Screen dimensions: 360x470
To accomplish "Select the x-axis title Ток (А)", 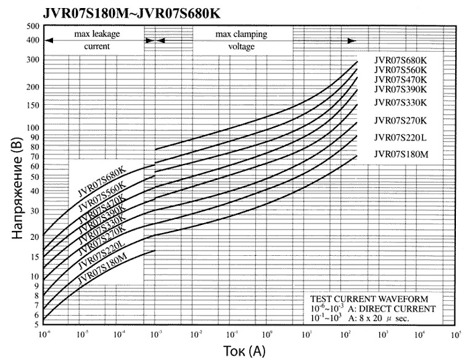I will pos(245,351).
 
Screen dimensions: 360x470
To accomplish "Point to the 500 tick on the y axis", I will pos(34,26).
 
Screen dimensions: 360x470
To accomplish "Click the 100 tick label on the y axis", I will pos(32,128).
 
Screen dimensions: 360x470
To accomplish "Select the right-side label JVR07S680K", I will pos(400,60).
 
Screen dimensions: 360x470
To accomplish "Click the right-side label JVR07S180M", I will pos(400,155).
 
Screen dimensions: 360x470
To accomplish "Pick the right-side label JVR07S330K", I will pos(400,103).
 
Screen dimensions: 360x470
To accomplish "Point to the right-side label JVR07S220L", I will pos(400,138).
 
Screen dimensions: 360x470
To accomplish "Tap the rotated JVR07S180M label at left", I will pos(102,267).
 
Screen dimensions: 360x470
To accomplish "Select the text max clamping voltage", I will pos(241,40).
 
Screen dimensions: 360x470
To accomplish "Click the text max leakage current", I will pos(97,40).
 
